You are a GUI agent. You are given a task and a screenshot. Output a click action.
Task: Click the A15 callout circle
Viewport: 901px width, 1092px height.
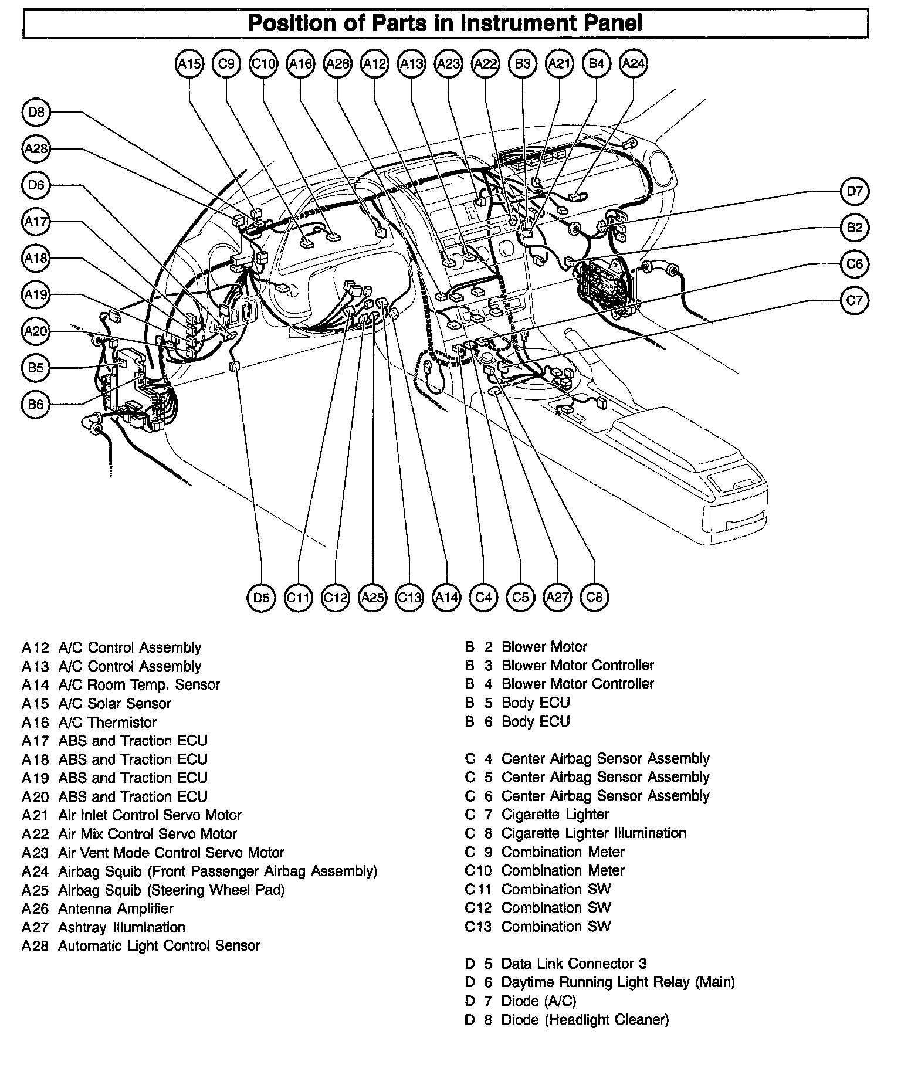pos(189,64)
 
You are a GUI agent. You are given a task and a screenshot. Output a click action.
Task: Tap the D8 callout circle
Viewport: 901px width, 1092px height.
pos(36,112)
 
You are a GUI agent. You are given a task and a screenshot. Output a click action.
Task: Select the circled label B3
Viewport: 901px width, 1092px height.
pos(522,64)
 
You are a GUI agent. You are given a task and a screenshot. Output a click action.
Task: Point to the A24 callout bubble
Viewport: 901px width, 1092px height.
pos(633,64)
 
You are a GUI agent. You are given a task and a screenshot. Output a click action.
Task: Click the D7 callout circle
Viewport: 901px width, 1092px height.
pos(855,191)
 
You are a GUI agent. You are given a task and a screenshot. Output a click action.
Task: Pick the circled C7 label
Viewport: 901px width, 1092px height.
pos(855,300)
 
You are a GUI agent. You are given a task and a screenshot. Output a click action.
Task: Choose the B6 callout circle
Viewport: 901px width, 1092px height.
pos(36,405)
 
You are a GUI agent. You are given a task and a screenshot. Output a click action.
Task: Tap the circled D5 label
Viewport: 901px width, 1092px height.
pos(261,598)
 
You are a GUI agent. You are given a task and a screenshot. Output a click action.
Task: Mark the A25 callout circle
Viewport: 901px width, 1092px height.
pos(372,598)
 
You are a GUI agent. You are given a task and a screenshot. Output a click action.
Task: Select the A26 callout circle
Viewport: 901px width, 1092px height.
pos(337,64)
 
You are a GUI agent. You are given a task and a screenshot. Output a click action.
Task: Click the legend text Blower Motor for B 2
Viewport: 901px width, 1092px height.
pos(544,647)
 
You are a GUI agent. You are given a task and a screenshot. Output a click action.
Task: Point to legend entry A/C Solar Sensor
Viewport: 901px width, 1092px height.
pos(114,703)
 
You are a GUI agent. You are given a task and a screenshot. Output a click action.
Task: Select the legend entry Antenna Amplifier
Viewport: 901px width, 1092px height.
pos(116,908)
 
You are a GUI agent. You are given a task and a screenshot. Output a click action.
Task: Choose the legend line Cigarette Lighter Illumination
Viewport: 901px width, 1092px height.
pos(593,833)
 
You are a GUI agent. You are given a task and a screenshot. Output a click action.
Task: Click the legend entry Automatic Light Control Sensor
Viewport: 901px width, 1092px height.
pos(158,945)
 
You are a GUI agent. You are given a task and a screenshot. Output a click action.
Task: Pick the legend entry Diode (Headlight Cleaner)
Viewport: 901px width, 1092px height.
pos(584,1019)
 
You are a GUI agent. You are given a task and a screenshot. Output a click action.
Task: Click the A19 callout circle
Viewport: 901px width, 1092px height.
pos(36,295)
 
